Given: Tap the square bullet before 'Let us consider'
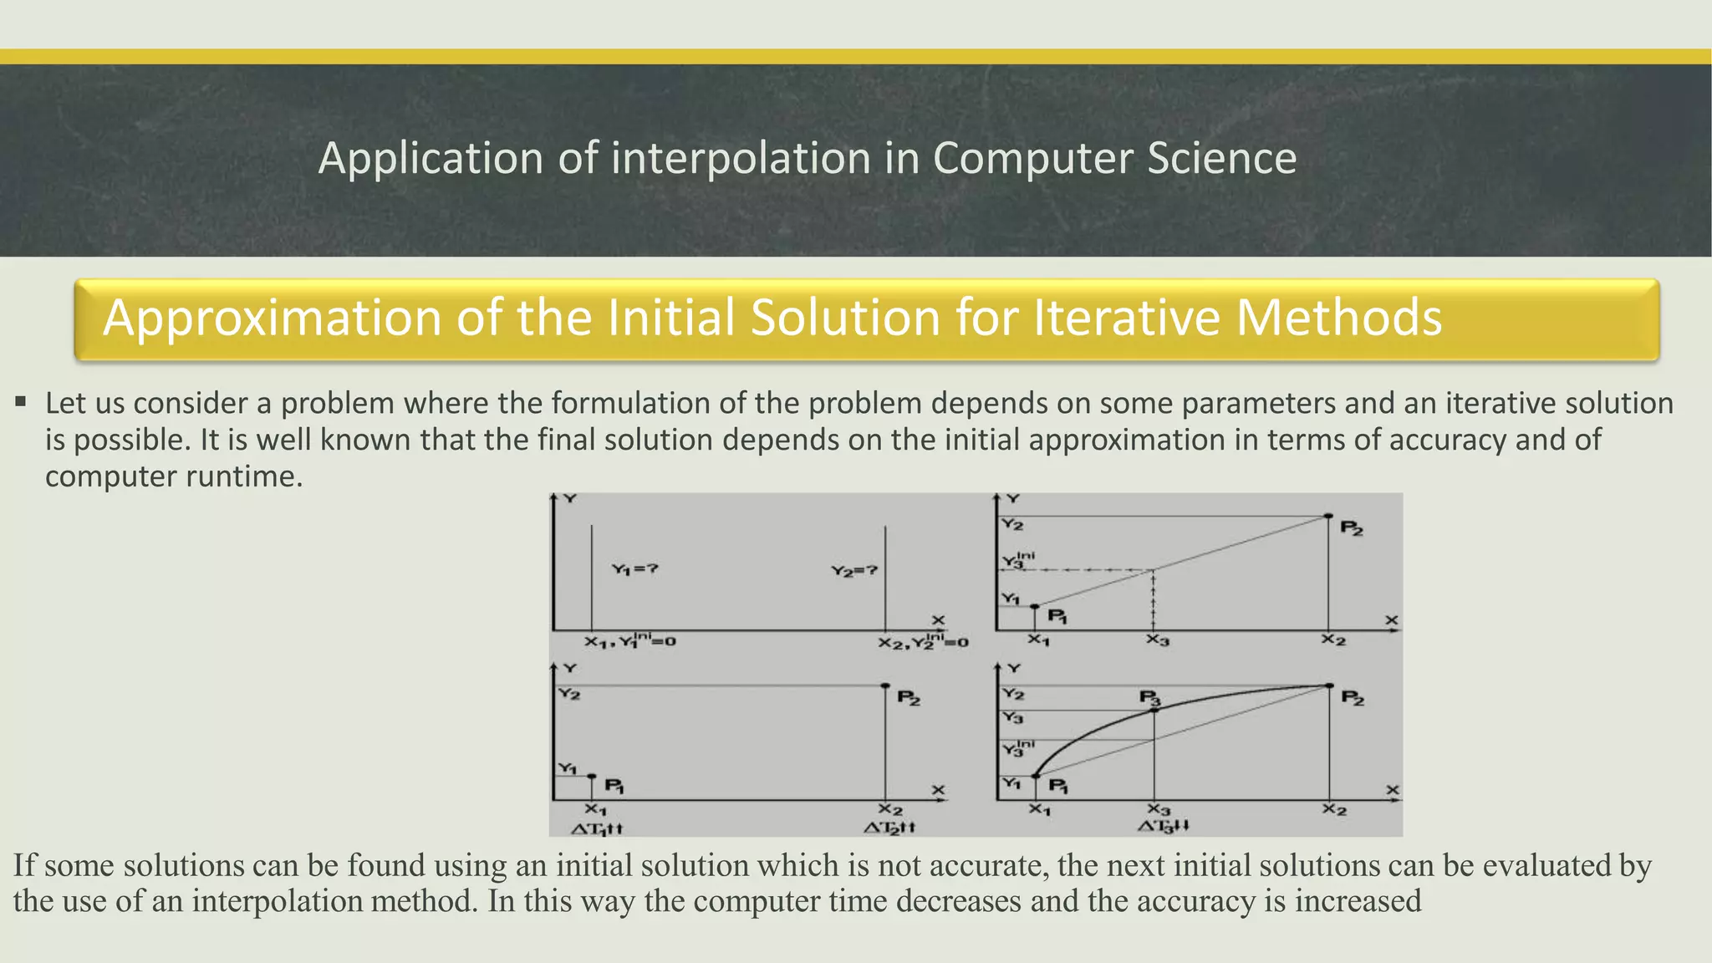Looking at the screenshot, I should coord(21,402).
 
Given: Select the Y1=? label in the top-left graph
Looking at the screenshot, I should coord(635,569).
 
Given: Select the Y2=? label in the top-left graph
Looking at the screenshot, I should coord(854,571).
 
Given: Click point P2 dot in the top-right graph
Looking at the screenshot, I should coord(1328,517).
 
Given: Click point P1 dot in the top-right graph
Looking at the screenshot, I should coord(1035,607).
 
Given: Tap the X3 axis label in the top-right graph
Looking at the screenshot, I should coord(1157,640).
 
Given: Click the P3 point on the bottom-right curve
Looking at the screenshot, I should coord(1155,709).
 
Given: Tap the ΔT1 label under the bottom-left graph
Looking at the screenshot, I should coord(597,828).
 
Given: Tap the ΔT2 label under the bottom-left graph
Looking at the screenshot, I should coord(889,828).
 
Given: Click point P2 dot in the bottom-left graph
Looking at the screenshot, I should coord(885,686).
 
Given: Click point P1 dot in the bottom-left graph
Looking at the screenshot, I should coord(592,777).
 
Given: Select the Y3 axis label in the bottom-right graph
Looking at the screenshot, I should coord(1012,718).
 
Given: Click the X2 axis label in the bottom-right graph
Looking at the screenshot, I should coord(1333,809).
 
